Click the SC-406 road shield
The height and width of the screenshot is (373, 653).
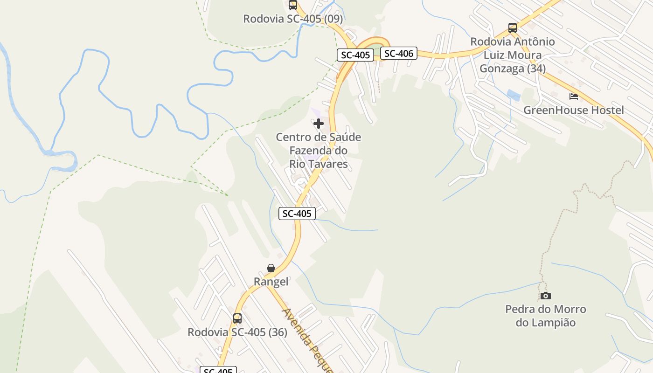[399, 54]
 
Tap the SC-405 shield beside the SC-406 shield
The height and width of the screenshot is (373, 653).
[355, 55]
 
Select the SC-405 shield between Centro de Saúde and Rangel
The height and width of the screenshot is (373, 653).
[297, 214]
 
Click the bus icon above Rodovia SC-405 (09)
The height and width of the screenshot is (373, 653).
[293, 5]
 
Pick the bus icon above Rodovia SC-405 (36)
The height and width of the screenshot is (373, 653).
[237, 318]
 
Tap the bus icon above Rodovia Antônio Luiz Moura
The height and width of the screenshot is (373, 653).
[513, 28]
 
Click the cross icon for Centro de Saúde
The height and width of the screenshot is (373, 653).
[319, 124]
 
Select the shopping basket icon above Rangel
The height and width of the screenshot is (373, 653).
[271, 268]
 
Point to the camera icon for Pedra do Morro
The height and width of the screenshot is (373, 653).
[545, 296]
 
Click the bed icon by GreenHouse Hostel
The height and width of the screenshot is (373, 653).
[574, 97]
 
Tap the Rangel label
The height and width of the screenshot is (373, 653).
[271, 282]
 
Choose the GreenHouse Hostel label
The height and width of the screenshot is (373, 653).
[574, 111]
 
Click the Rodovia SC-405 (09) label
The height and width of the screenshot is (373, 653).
[293, 19]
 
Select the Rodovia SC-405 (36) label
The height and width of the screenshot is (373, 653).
[237, 332]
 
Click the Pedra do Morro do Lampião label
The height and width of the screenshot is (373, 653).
[546, 316]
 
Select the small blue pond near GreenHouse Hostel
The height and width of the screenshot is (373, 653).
[513, 95]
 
